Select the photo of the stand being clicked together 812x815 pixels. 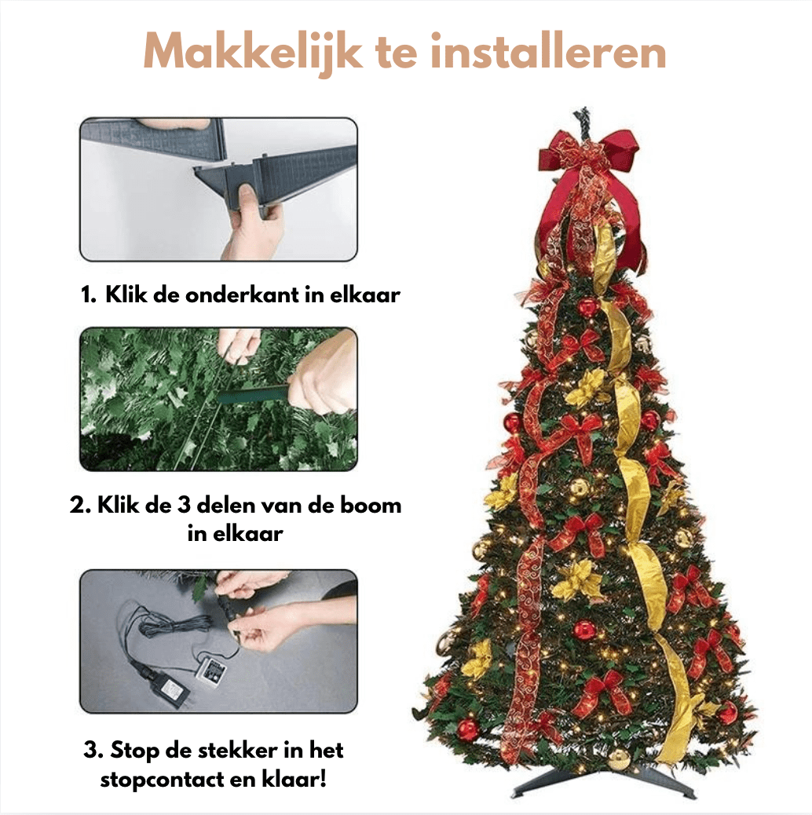[218, 189]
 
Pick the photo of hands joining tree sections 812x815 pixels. [218, 399]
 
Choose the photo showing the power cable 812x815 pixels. [218, 641]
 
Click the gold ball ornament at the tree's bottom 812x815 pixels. [620, 758]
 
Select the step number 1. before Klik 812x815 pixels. [89, 296]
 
